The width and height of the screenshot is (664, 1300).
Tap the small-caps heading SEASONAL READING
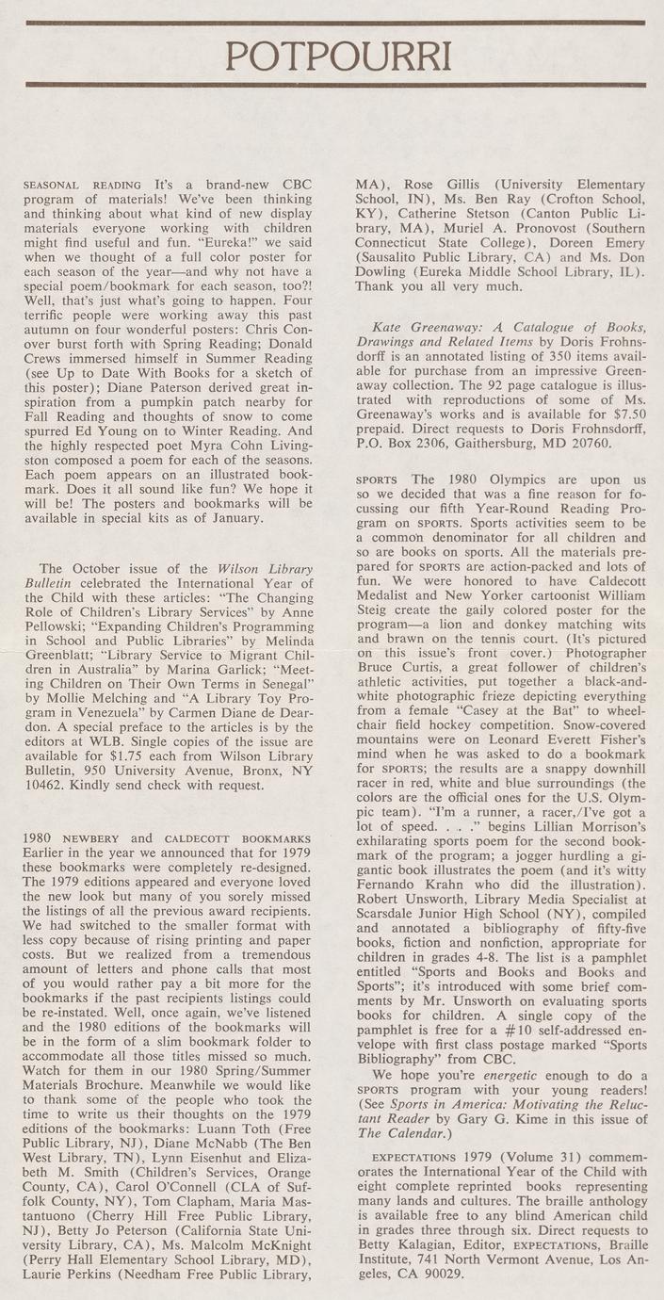(82, 186)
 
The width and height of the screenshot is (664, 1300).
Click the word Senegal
(283, 705)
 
